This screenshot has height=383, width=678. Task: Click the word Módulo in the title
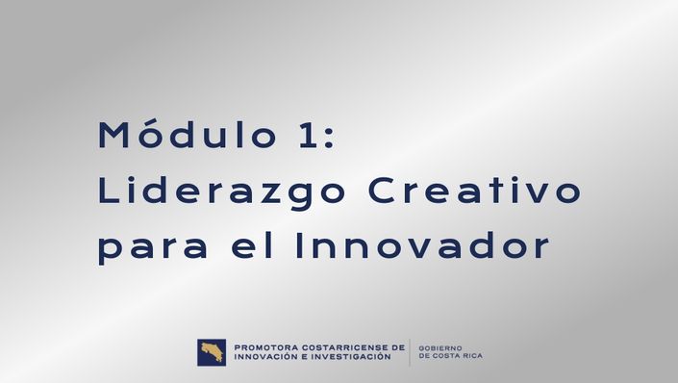(188, 134)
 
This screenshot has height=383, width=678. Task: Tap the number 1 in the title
(309, 136)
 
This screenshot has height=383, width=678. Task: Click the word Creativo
(474, 190)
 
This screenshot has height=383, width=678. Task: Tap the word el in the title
(252, 245)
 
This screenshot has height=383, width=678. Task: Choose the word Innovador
(422, 245)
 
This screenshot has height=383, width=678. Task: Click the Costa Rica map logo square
(212, 352)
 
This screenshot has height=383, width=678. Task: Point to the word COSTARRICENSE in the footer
(343, 347)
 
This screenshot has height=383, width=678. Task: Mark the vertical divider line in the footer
(410, 352)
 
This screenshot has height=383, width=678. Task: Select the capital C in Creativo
(382, 190)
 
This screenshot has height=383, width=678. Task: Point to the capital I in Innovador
(298, 245)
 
